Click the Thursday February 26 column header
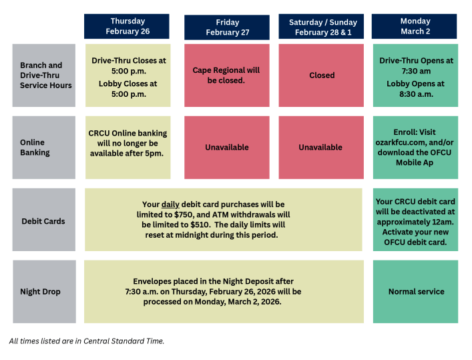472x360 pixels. tap(128, 26)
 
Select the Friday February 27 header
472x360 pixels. tap(227, 27)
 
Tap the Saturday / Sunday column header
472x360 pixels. tap(322, 27)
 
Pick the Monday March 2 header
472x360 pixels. tap(415, 26)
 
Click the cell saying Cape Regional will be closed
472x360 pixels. tap(226, 75)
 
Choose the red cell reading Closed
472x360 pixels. tap(322, 75)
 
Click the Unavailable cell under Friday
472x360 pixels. tap(226, 148)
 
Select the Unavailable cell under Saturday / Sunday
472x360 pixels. tap(322, 148)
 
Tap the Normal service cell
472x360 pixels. tap(416, 292)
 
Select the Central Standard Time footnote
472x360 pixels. tap(87, 341)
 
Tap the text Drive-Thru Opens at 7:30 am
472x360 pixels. tap(415, 65)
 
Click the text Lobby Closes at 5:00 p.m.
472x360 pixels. tap(128, 89)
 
